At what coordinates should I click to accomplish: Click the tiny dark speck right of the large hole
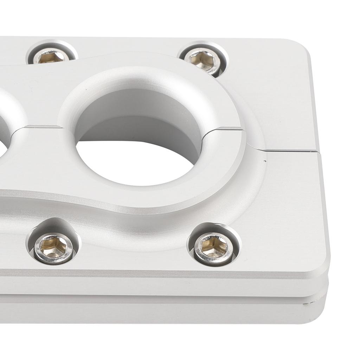pyautogui.click(x=264, y=162)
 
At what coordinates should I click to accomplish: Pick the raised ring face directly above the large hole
pyautogui.click(x=148, y=76)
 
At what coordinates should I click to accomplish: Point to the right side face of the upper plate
pyautogui.click(x=318, y=211)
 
